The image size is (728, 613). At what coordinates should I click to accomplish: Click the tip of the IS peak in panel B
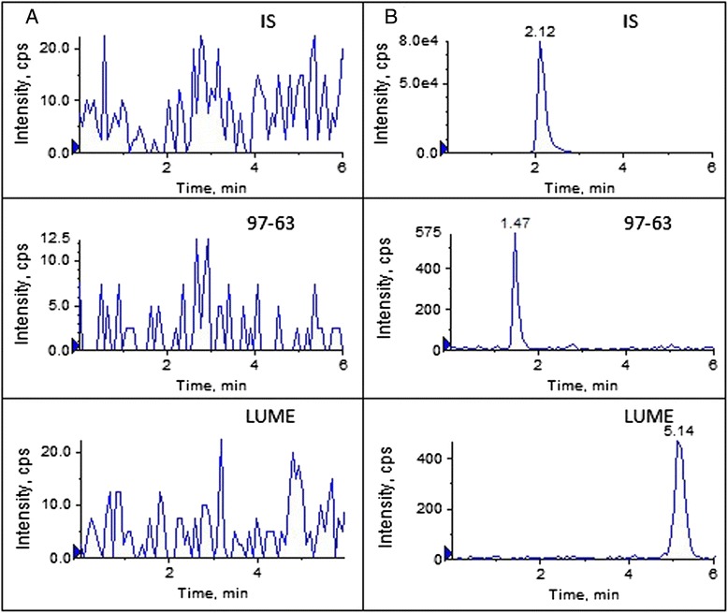pos(540,43)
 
